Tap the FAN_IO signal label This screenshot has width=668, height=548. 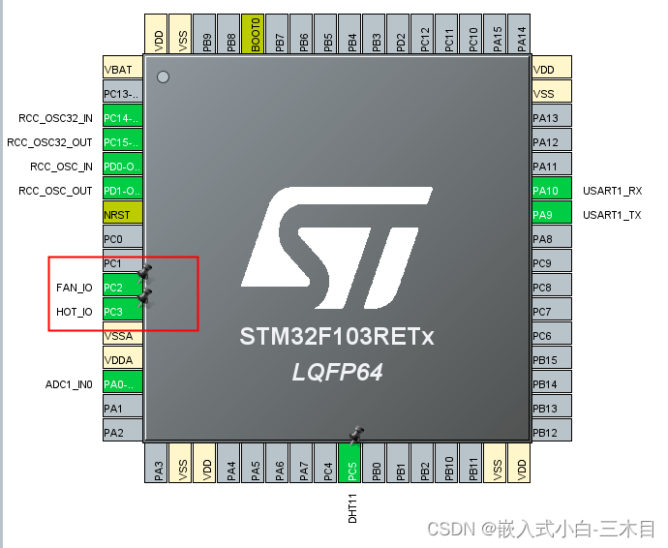pyautogui.click(x=75, y=288)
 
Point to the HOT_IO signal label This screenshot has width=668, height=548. pyautogui.click(x=75, y=312)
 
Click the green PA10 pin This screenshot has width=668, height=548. pyautogui.click(x=551, y=191)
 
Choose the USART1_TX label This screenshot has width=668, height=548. pyautogui.click(x=612, y=215)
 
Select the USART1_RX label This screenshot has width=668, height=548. pyautogui.click(x=612, y=191)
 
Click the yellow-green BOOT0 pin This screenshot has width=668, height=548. pyautogui.click(x=253, y=34)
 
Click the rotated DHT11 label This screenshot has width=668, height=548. pyautogui.click(x=352, y=507)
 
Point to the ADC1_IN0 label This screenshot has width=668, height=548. pyautogui.click(x=69, y=384)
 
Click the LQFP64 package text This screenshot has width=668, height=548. pyautogui.click(x=337, y=372)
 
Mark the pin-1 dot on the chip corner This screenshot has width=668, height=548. pyautogui.click(x=163, y=76)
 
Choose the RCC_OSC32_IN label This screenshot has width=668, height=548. pyautogui.click(x=56, y=118)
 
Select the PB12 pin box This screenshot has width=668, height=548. pyautogui.click(x=551, y=433)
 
